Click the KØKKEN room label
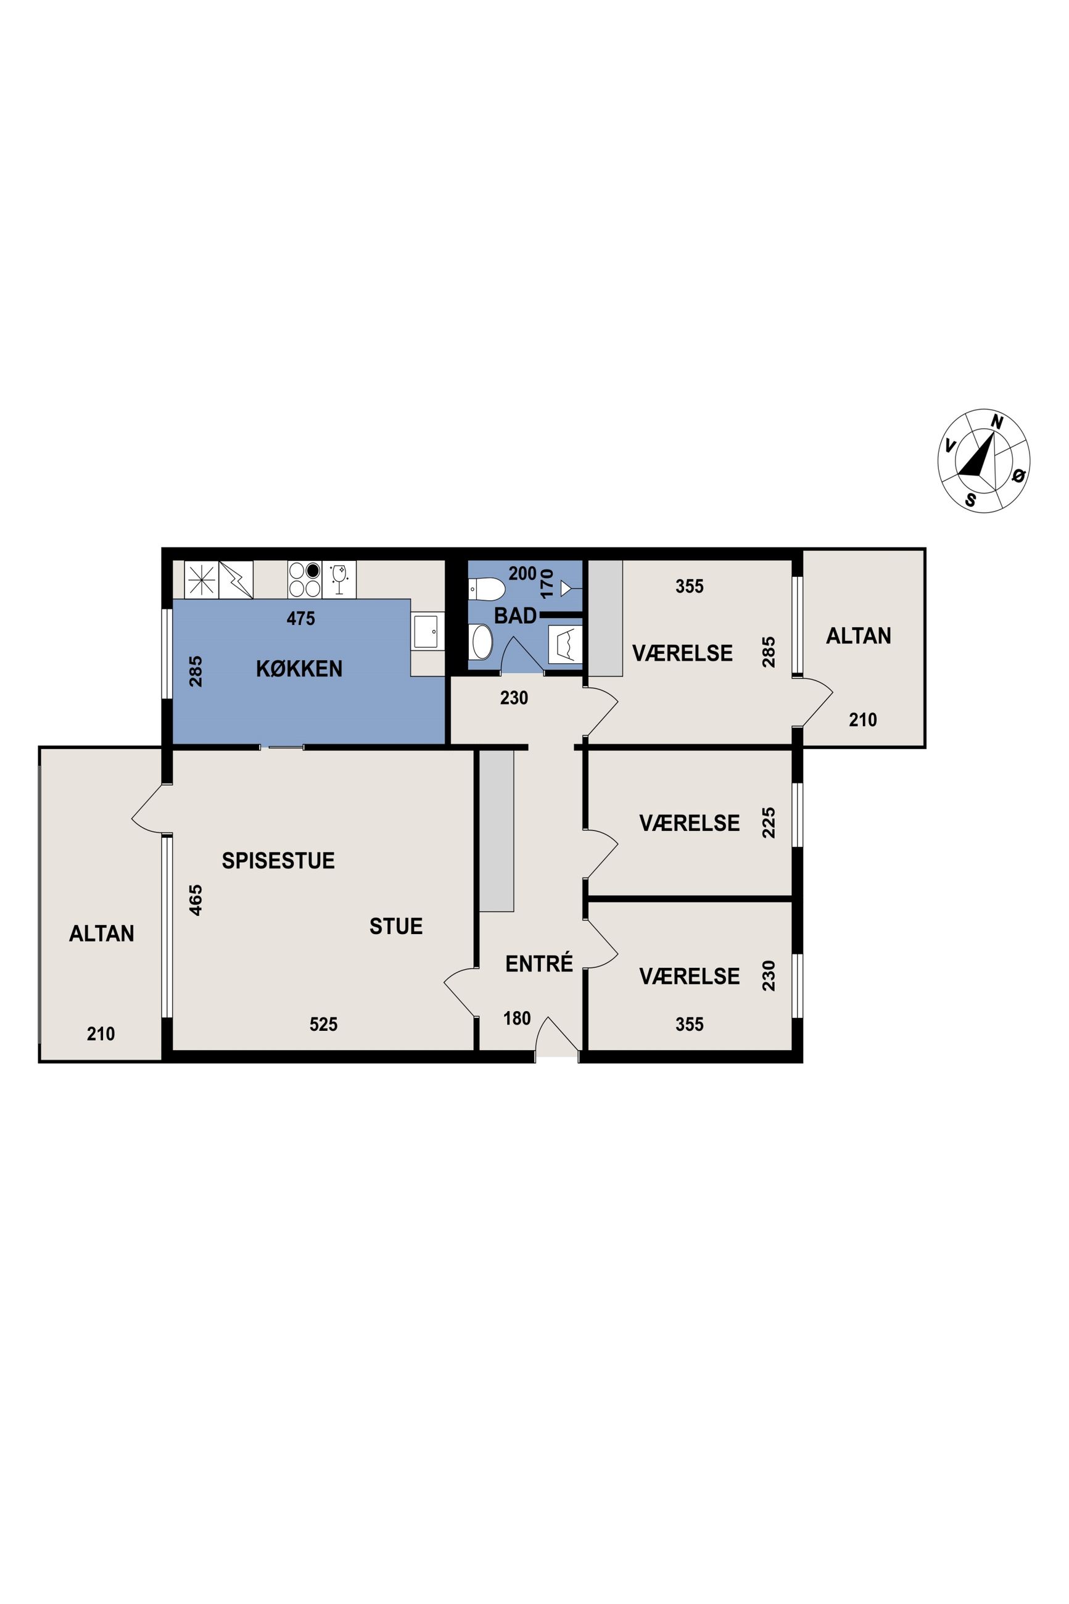299,669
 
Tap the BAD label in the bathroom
516,616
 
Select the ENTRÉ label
539,963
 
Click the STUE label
396,926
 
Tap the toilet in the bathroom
486,587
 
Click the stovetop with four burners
305,579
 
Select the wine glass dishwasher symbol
339,579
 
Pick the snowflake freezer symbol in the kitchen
201,579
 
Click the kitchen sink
427,631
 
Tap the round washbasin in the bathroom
482,642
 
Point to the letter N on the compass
997,422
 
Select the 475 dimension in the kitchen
300,618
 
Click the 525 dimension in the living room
323,1024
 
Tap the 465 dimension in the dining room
196,900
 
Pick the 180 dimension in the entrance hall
517,1019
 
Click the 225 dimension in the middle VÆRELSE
769,823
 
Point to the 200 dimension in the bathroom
522,574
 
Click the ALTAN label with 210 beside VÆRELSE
858,636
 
